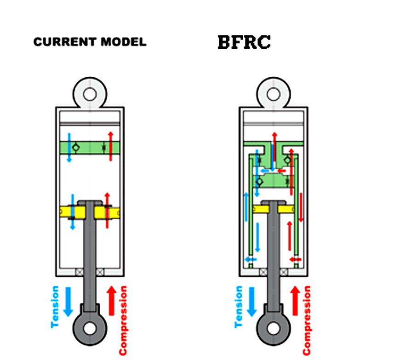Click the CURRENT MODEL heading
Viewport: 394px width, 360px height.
[90, 42]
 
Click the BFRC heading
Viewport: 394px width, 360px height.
[244, 42]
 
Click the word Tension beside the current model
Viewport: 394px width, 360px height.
[55, 307]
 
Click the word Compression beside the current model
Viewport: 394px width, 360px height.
[123, 320]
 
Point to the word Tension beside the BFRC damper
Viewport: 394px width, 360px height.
[239, 307]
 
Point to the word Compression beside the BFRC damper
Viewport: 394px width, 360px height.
[307, 320]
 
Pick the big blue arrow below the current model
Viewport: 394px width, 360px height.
[68, 302]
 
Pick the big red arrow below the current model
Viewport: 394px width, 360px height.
[112, 301]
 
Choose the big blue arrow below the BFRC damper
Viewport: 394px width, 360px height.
[252, 302]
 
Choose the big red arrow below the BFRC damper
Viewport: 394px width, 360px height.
[295, 301]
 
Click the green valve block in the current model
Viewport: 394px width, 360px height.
[90, 148]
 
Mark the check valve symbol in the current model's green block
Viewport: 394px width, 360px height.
[76, 148]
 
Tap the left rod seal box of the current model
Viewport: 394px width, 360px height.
[79, 272]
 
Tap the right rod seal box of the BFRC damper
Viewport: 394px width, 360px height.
[284, 272]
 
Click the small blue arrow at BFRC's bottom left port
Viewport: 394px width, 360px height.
[251, 259]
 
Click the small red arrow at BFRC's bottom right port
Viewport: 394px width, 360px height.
[295, 259]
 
